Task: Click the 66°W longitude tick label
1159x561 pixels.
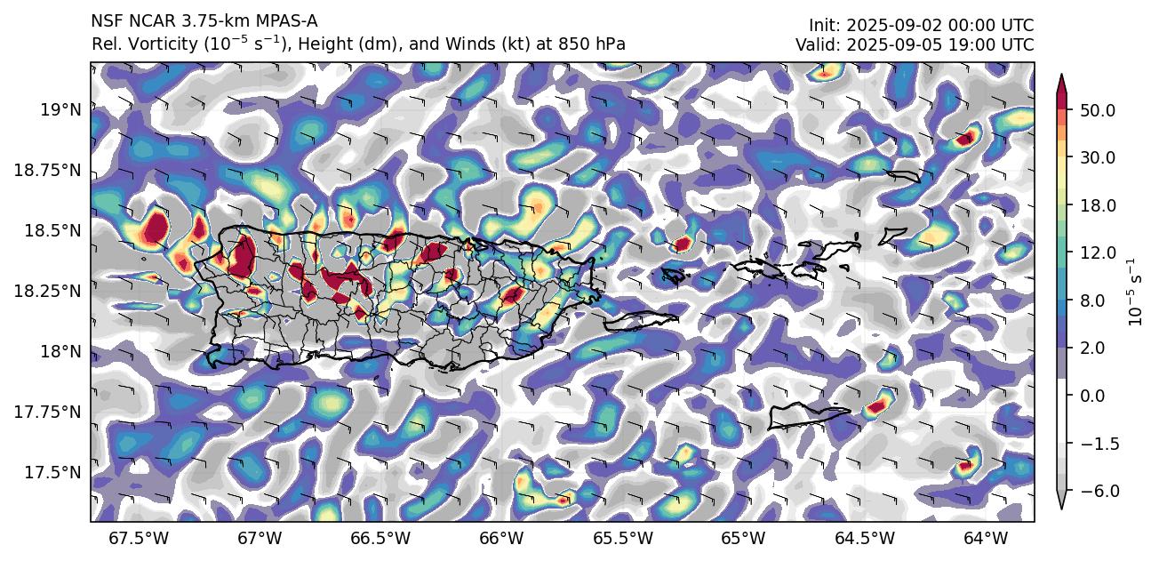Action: pyautogui.click(x=500, y=539)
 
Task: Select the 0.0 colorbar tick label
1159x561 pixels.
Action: pyautogui.click(x=1091, y=396)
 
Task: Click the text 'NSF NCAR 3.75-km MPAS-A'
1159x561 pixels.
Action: pyautogui.click(x=204, y=21)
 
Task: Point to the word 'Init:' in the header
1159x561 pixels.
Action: pyautogui.click(x=824, y=26)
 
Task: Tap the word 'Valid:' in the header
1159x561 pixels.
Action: pyautogui.click(x=816, y=44)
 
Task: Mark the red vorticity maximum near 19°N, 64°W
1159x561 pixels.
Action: pyautogui.click(x=966, y=138)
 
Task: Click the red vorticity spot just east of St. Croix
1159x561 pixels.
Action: pyautogui.click(x=877, y=406)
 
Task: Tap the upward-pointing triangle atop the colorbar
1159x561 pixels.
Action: pyautogui.click(x=1060, y=80)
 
